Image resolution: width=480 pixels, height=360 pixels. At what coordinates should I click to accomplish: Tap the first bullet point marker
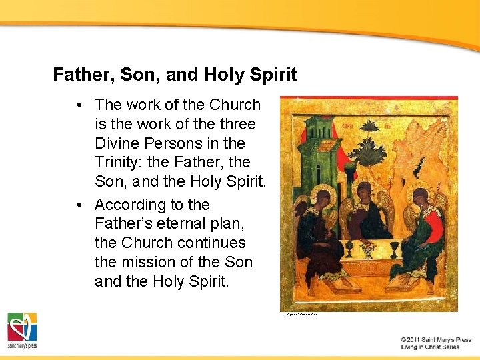tap(79, 105)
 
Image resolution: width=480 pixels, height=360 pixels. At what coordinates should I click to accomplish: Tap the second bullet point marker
tap(79, 205)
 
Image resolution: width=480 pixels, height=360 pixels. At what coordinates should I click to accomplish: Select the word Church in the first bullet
tap(235, 105)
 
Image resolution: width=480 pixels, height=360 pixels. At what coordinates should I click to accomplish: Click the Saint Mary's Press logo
tap(22, 330)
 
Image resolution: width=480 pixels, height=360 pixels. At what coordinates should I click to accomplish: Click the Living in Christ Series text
tap(430, 347)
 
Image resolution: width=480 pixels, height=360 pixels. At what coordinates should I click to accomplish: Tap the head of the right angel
tap(420, 199)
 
